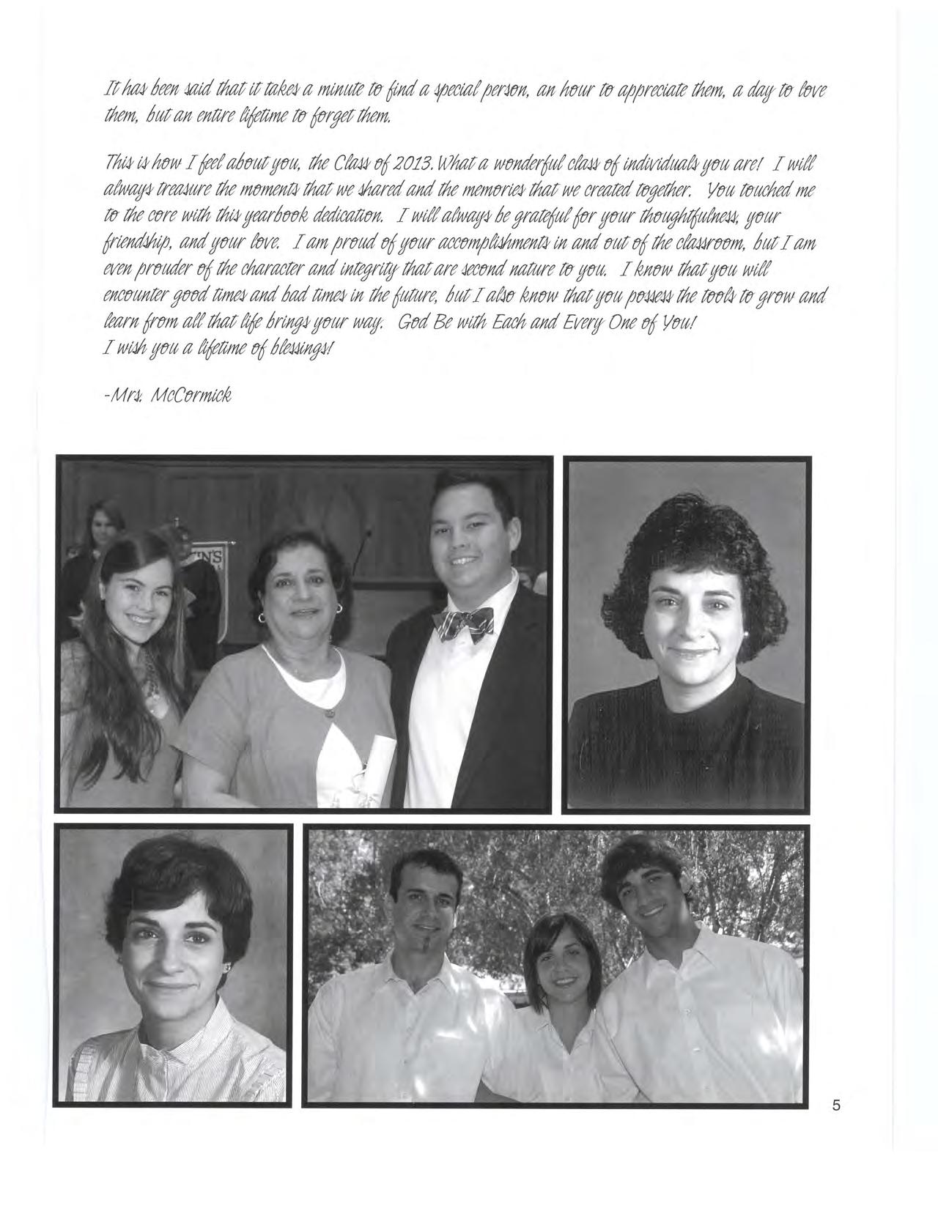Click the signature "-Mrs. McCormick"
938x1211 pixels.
tap(168, 396)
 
